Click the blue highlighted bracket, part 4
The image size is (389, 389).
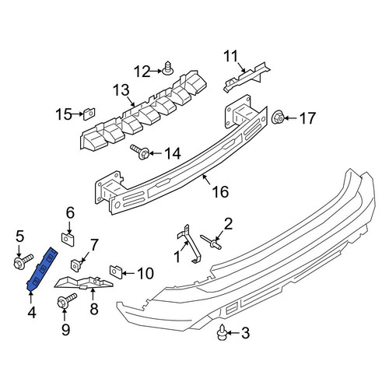[x=41, y=270]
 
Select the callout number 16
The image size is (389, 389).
[x=220, y=192]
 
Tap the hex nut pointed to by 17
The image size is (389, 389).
[x=278, y=117]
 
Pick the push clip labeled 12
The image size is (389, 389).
[x=168, y=68]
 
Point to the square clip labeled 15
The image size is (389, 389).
[x=89, y=114]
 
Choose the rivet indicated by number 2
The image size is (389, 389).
[x=211, y=241]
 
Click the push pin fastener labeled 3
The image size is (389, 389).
[x=223, y=332]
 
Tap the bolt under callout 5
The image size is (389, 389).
[x=23, y=261]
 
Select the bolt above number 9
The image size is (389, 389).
[x=66, y=300]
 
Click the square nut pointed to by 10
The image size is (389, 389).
[x=116, y=272]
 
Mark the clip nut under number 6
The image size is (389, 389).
[x=68, y=240]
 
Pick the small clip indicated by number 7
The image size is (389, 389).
[x=75, y=265]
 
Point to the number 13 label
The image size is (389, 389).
[x=121, y=90]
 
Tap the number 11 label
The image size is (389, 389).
[x=230, y=57]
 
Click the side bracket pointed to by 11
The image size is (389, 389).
[x=247, y=76]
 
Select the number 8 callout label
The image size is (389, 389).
[x=94, y=309]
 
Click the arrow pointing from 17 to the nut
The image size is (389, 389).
[x=290, y=118]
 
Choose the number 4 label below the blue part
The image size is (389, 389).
[x=32, y=313]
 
